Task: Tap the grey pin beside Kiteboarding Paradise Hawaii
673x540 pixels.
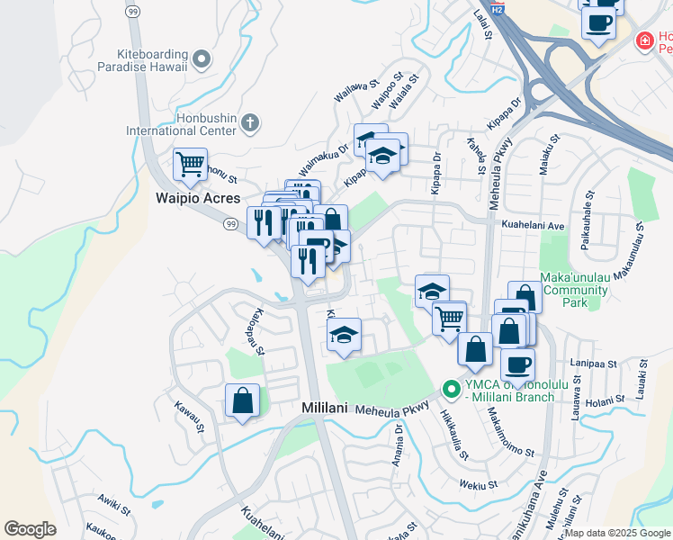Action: coord(202,60)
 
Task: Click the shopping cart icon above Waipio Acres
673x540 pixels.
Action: coord(190,165)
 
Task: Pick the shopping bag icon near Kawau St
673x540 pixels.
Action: coord(242,400)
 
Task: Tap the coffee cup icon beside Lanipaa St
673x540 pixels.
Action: coord(517,365)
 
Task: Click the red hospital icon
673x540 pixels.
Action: coord(643,40)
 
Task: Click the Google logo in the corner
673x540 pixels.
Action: coord(30,529)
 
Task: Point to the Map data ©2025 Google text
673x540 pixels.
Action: coord(617,533)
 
